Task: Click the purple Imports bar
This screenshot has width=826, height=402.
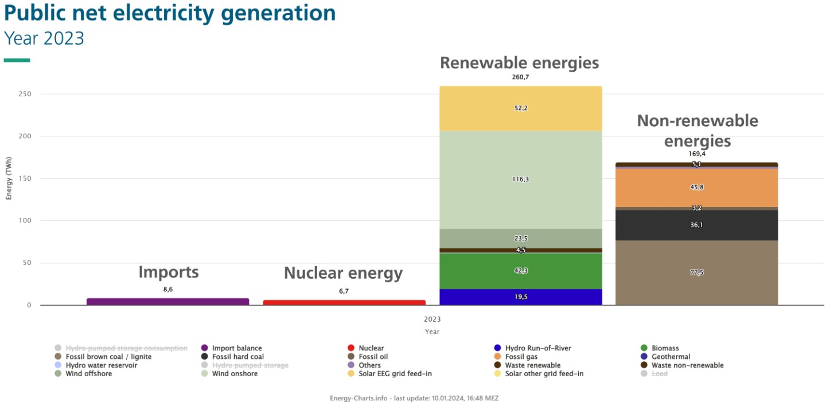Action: [x=167, y=302]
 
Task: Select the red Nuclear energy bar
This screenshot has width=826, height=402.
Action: [x=344, y=302]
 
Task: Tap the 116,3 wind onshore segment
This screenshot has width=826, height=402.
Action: [x=520, y=179]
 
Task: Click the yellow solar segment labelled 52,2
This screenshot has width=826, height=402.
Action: [x=520, y=108]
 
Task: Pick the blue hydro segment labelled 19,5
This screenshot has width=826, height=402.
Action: [x=520, y=297]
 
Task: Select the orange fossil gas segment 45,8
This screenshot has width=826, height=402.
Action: [x=696, y=188]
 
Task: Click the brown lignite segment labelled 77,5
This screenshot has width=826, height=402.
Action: [x=696, y=272]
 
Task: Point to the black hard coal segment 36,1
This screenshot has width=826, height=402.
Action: [x=696, y=225]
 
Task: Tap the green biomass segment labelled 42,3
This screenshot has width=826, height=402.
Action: [x=520, y=271]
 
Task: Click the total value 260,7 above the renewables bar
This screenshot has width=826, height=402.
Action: [x=520, y=77]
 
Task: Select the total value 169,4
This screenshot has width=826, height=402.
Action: [x=696, y=154]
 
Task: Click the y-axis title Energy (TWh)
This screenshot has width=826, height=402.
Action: [x=9, y=179]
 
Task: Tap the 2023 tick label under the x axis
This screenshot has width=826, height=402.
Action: [x=432, y=319]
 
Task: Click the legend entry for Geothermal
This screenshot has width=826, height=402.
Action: [x=671, y=357]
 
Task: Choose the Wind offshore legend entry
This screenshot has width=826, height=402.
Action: [x=88, y=374]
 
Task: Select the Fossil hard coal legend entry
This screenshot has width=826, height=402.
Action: [x=237, y=357]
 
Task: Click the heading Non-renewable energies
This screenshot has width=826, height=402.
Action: [x=698, y=131]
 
